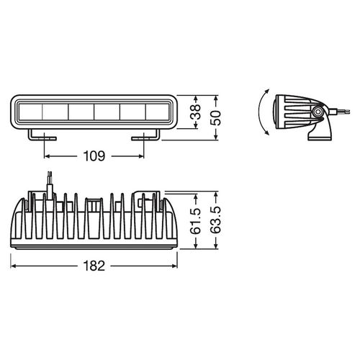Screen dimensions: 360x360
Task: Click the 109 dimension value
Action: pos(94,156)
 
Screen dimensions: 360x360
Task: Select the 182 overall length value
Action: pos(94,266)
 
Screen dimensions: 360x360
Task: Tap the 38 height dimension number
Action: pos(196,112)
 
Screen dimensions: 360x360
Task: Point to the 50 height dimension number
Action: pos(215,117)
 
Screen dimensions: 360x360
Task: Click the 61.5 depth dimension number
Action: pos(196,221)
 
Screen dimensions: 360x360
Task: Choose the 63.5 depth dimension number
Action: pos(215,220)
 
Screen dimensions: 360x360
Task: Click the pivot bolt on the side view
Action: pos(318,111)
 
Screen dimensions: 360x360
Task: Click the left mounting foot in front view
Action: pos(42,135)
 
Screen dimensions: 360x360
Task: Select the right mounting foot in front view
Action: pos(145,135)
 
